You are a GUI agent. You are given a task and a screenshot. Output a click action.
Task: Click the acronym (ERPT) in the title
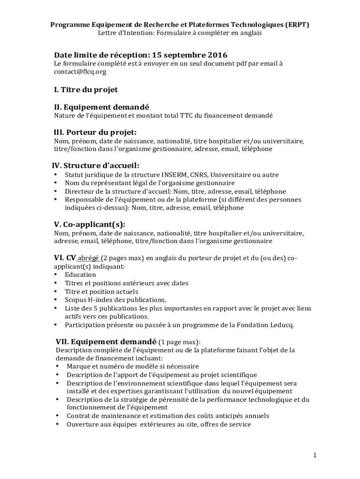[x=297, y=24]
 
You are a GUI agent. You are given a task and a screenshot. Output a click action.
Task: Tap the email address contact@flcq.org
[x=80, y=72]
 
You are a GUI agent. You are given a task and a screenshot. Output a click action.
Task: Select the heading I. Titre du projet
[x=86, y=89]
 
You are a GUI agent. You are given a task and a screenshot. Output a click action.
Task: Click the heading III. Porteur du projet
[x=95, y=132]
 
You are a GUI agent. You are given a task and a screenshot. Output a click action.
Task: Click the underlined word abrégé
[x=88, y=258]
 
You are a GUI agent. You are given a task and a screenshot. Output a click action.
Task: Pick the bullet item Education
[x=80, y=275]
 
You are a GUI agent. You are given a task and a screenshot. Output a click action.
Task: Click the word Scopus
[x=76, y=300]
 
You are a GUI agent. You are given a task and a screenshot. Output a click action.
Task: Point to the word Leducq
[x=281, y=325]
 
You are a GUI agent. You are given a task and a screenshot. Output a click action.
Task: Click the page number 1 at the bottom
[x=315, y=455]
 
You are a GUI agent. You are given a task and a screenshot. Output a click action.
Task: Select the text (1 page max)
[x=180, y=341]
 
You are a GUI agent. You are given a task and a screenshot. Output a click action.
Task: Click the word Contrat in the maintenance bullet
[x=80, y=416]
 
